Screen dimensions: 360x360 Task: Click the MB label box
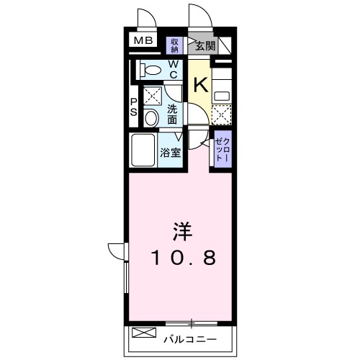142,40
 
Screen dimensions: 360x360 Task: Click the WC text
174,70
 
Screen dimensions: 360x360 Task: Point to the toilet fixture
151,70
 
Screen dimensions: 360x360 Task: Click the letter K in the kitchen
199,84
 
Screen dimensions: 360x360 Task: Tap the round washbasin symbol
152,117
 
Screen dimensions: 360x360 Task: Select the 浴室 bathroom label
171,152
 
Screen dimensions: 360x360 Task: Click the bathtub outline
144,149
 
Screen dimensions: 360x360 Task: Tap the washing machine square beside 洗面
152,95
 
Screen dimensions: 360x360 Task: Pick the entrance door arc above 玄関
197,16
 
